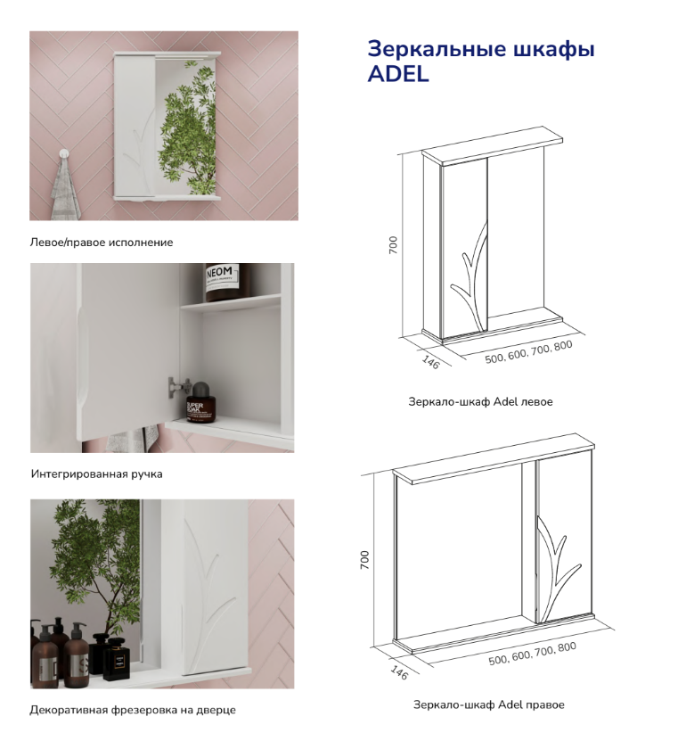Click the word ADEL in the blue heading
(x=398, y=74)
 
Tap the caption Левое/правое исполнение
(x=102, y=243)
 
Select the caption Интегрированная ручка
(x=97, y=473)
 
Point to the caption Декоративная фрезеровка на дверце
(x=133, y=710)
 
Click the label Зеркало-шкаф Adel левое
(x=480, y=401)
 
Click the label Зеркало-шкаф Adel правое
(x=488, y=704)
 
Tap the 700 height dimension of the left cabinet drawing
(x=393, y=245)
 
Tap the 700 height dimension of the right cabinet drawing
(x=364, y=559)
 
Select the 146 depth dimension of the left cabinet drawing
(x=430, y=362)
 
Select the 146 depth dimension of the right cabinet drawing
(x=399, y=672)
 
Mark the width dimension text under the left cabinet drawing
(x=529, y=352)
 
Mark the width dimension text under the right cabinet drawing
(x=532, y=654)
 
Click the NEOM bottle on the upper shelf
(x=221, y=282)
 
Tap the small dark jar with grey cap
(x=200, y=401)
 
